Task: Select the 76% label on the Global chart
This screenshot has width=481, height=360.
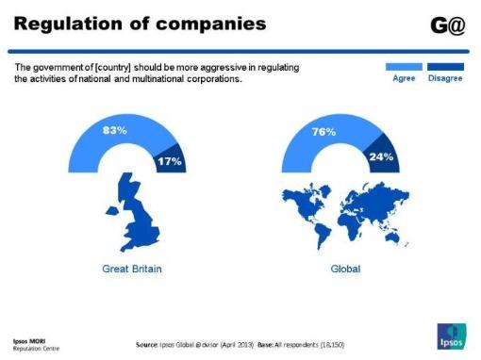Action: pos(324,133)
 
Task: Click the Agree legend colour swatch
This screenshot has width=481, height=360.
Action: pos(404,67)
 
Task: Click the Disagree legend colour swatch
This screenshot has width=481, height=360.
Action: pos(444,67)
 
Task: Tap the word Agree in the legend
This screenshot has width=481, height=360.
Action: pos(404,79)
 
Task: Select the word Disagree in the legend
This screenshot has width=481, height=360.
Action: pos(444,79)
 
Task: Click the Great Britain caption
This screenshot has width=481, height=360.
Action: pos(131,269)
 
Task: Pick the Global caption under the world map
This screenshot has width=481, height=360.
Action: pos(345,269)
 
